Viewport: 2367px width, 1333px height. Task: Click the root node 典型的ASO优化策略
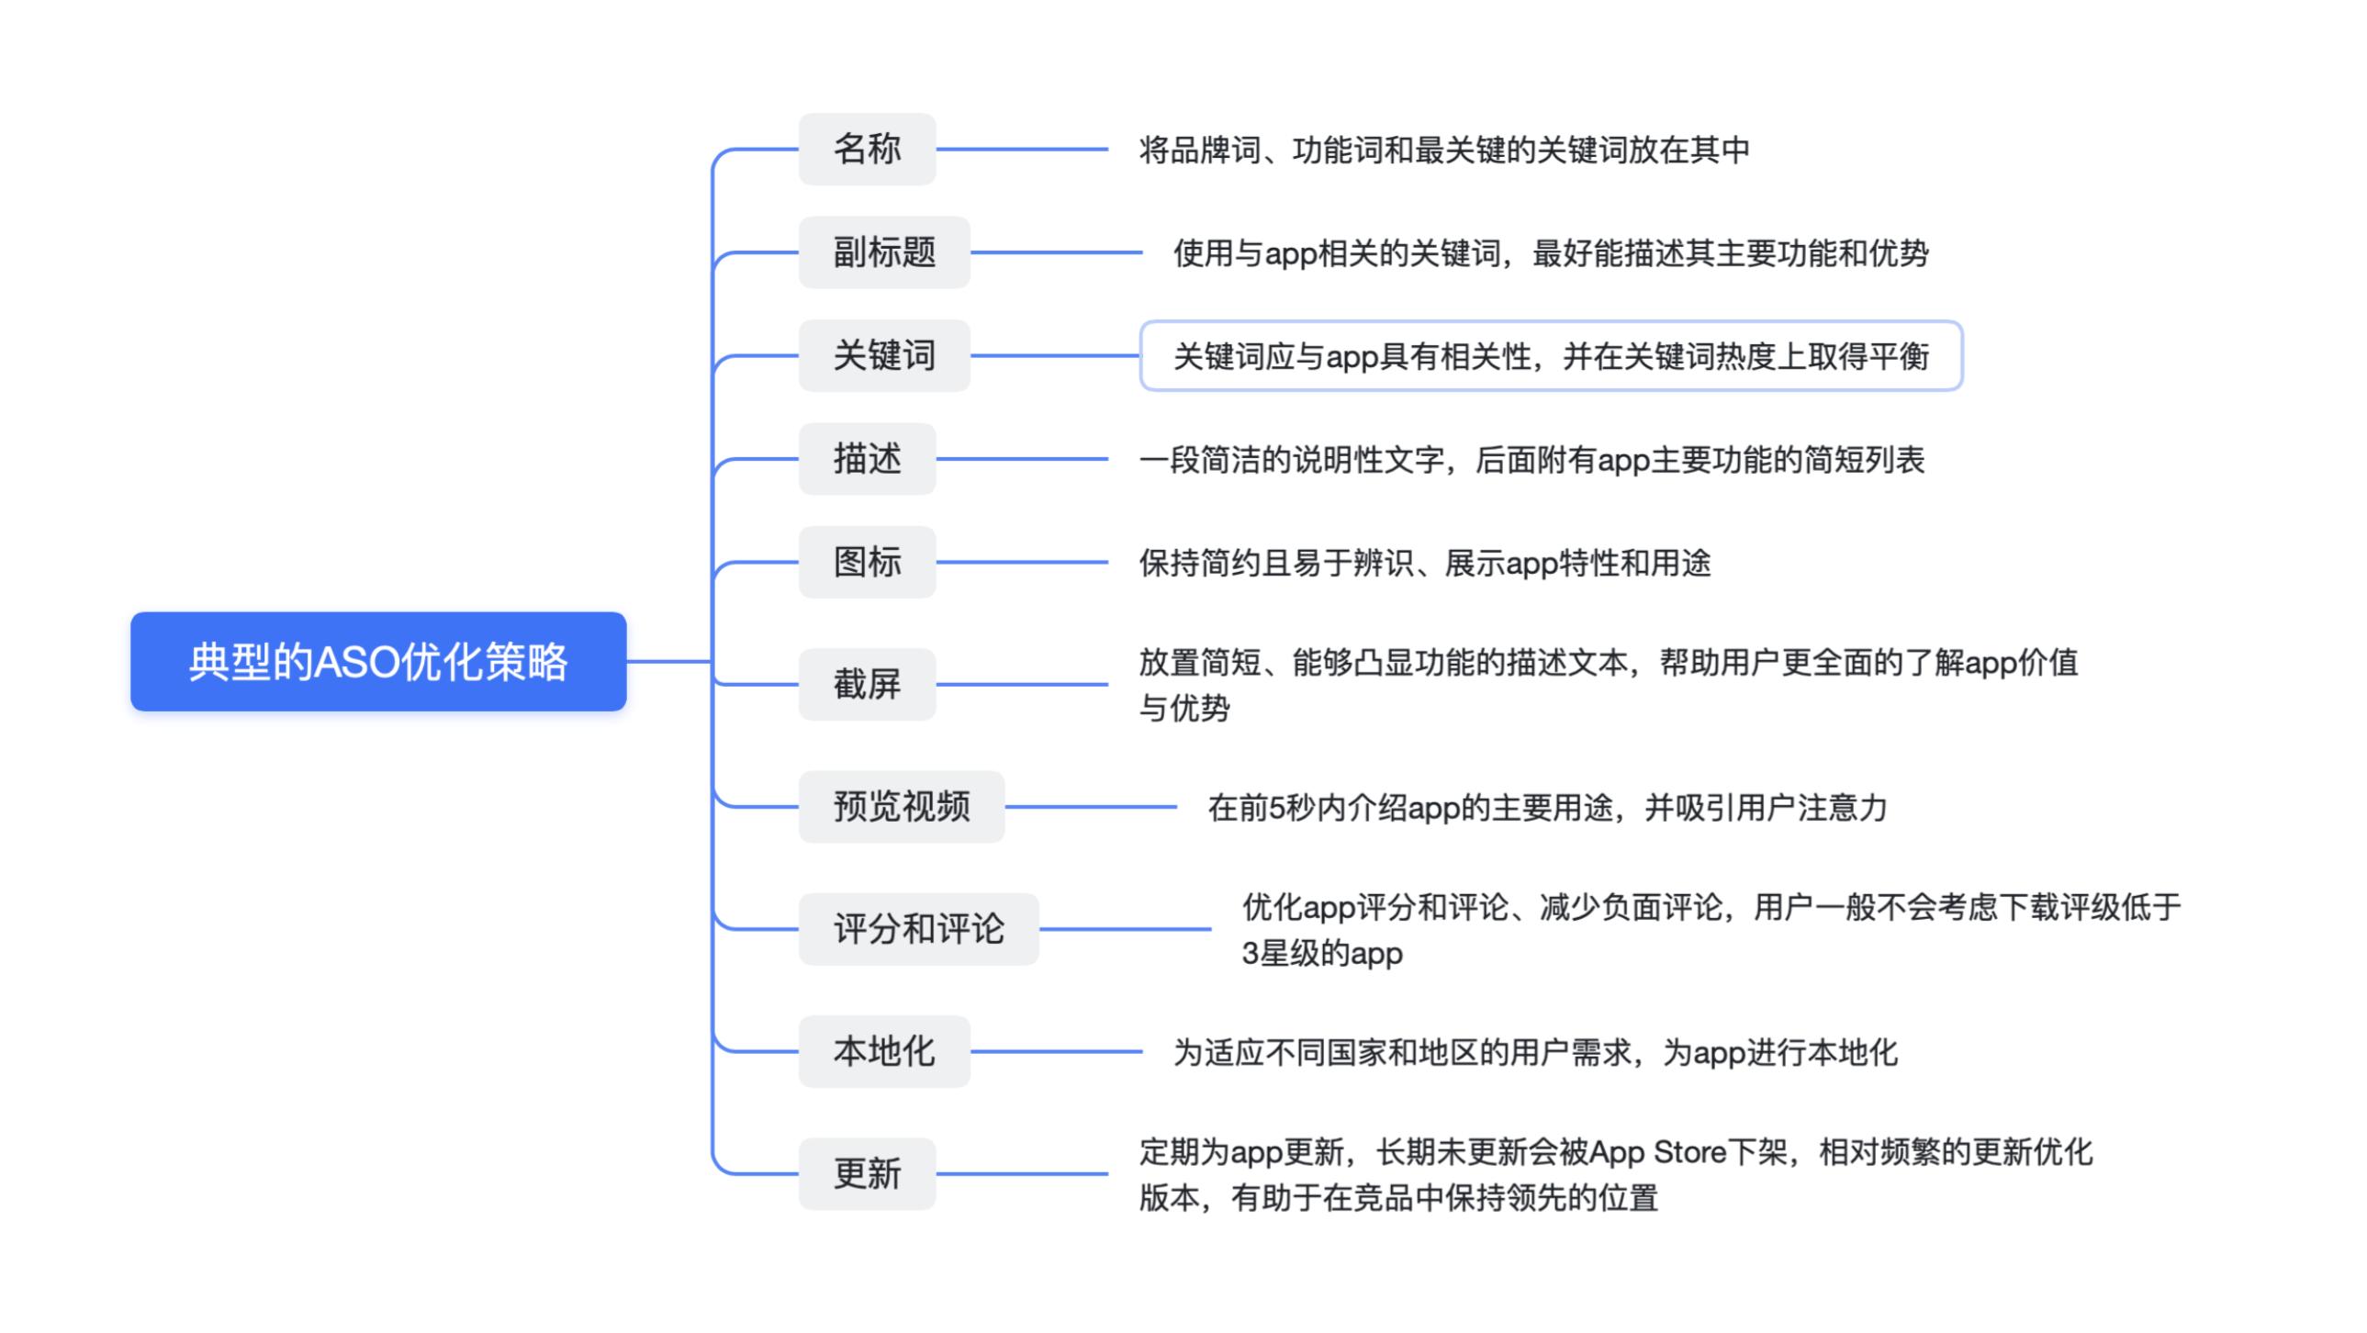pos(377,661)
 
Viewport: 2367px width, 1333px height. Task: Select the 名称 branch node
pos(867,149)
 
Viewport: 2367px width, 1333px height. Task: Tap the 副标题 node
pos(884,252)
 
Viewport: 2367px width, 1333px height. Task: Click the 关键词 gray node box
pos(884,355)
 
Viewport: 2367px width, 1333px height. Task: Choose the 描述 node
pos(867,458)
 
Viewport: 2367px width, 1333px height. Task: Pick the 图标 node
pos(867,562)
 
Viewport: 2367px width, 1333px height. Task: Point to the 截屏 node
pos(867,685)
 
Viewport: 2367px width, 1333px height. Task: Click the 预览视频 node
pos(902,807)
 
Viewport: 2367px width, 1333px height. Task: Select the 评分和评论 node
pos(918,929)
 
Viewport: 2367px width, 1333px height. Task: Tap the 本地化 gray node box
pos(884,1051)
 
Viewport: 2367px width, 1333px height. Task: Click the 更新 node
pos(867,1173)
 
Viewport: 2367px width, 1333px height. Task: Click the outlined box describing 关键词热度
pos(1550,355)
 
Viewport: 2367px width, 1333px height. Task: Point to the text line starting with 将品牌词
pos(1443,150)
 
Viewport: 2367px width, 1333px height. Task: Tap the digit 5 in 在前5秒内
pos(1276,808)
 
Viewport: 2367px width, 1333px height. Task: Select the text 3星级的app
pos(1321,954)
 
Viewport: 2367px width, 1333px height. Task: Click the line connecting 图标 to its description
pos(1022,562)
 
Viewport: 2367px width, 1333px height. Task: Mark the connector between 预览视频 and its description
pos(1091,807)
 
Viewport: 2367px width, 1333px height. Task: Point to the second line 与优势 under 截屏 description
pos(1183,709)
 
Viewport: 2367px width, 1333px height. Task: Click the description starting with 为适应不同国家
pos(1534,1052)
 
